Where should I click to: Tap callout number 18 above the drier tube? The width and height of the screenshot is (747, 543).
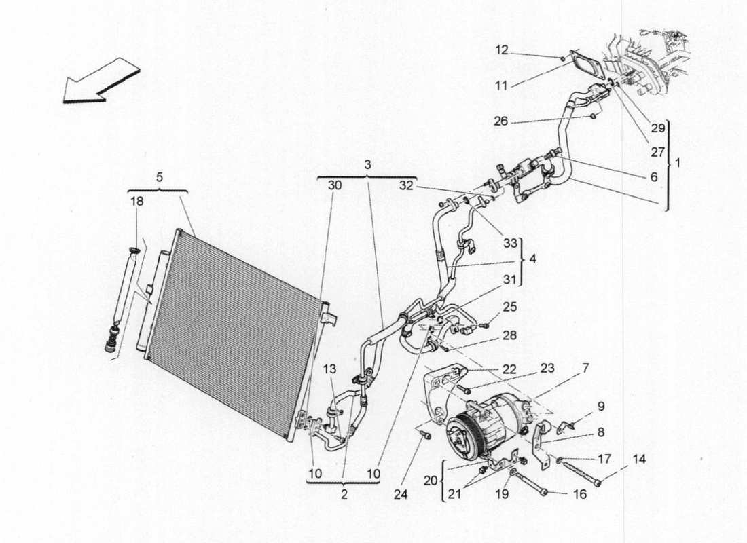(137, 202)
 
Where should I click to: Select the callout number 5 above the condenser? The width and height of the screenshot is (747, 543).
(159, 178)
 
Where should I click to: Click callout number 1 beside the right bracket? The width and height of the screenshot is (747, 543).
(679, 164)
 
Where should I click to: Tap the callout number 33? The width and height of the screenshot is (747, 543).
(509, 243)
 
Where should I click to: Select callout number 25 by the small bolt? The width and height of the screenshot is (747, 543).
(510, 307)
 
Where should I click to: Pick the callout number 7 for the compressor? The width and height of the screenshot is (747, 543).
(585, 368)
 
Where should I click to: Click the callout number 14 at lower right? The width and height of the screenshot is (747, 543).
(639, 459)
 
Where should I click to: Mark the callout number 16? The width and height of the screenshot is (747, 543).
(579, 495)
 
